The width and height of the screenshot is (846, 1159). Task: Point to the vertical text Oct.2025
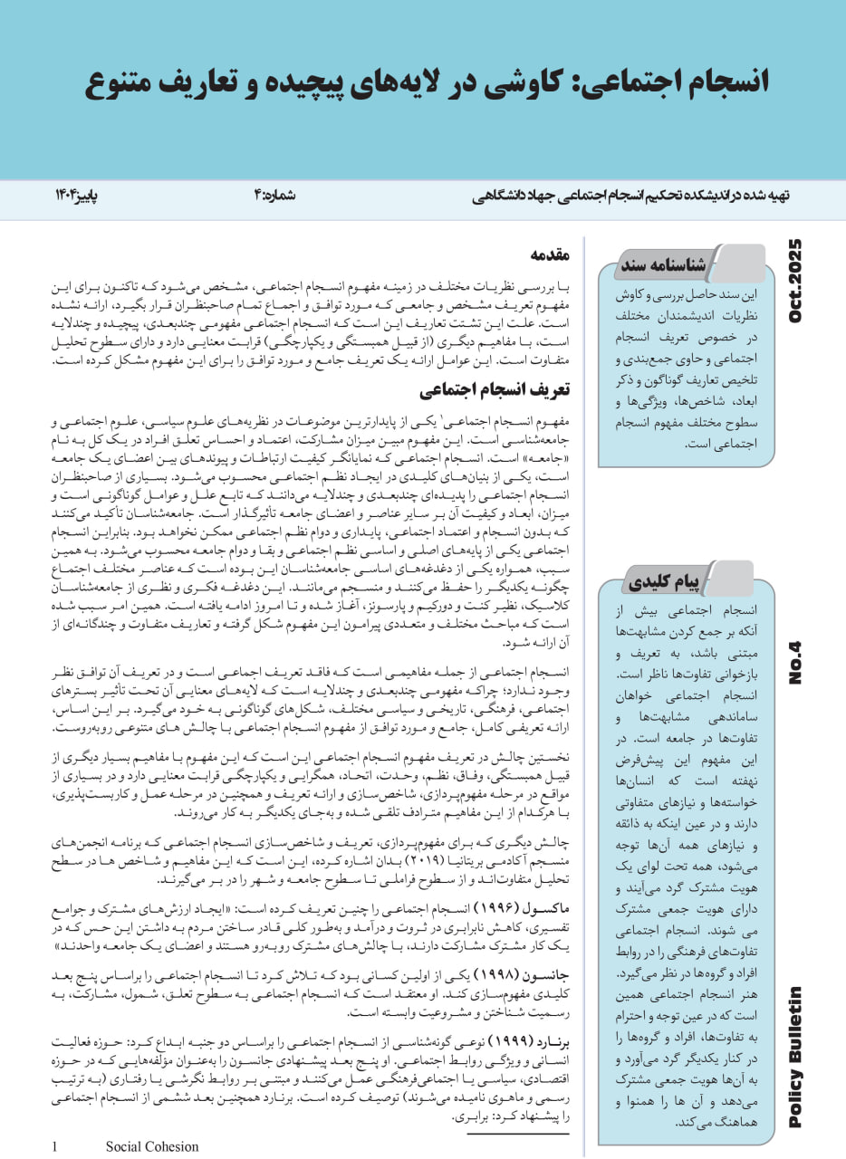pyautogui.click(x=796, y=282)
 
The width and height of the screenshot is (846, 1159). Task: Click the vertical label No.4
pyautogui.click(x=796, y=663)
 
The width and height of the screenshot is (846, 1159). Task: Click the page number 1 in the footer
pyautogui.click(x=56, y=1146)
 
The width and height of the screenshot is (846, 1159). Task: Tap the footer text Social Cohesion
pyautogui.click(x=151, y=1146)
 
